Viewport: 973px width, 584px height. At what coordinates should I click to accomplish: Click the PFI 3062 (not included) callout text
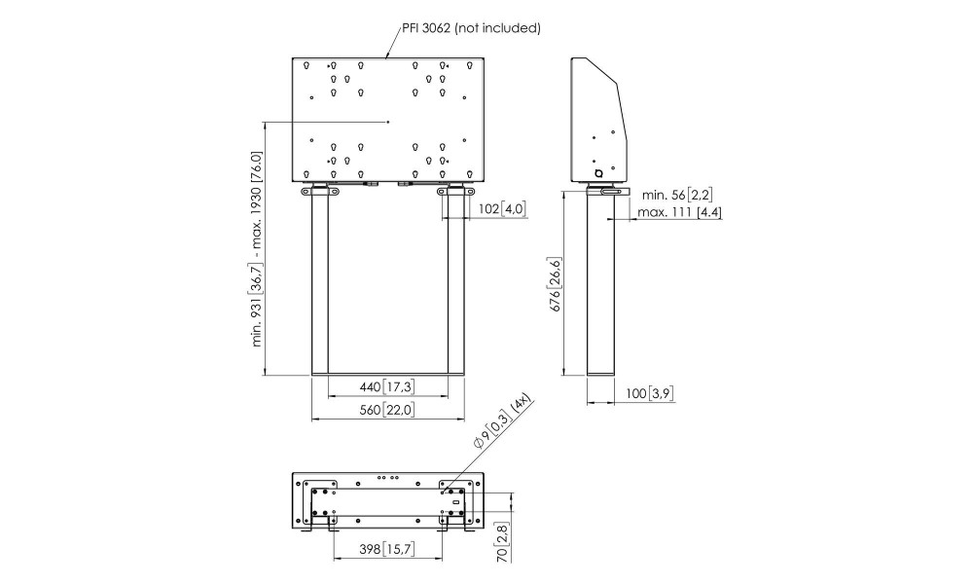472,28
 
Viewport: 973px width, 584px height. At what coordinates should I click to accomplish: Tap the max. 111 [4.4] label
679,212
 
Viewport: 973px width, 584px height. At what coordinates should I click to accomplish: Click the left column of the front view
319,282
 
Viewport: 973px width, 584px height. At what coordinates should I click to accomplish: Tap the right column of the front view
456,282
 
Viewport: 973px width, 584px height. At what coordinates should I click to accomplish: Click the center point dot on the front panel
388,122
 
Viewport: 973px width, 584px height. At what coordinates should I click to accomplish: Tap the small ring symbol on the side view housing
598,173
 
